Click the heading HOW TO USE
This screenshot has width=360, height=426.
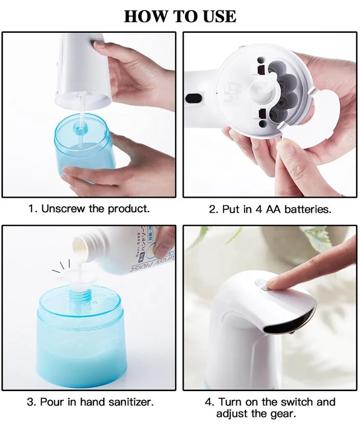[180, 16]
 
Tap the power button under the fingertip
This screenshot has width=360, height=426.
[261, 285]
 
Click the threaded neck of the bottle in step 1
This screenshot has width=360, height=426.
[79, 126]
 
